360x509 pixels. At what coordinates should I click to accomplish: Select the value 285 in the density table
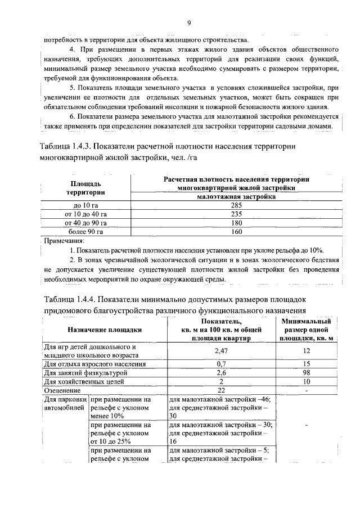coord(236,205)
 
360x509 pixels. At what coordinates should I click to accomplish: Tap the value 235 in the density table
coord(236,214)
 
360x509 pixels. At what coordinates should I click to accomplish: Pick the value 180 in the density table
coord(236,223)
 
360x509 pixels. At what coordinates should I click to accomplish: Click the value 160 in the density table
coord(236,232)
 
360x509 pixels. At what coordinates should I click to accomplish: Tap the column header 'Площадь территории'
coord(85,188)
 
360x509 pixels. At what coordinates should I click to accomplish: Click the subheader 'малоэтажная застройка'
coord(236,197)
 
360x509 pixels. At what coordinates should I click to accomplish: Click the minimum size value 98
coord(307,373)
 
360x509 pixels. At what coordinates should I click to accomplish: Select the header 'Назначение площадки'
coord(104,330)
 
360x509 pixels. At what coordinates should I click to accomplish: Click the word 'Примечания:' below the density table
coord(64,241)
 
